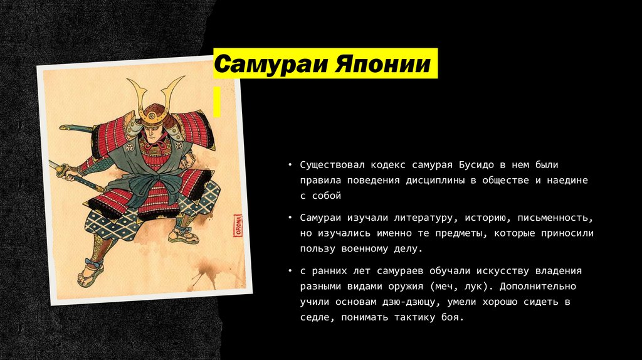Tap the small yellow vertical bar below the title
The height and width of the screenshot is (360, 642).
[217, 102]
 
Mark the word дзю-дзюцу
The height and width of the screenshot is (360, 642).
[411, 302]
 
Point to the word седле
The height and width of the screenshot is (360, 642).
[313, 318]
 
